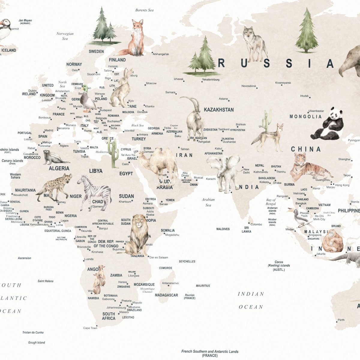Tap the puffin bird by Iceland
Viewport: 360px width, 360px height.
(x=4, y=31)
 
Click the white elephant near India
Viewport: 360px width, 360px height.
(x=223, y=171)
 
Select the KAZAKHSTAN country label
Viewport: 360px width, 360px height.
(x=219, y=110)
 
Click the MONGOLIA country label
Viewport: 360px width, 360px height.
(x=305, y=116)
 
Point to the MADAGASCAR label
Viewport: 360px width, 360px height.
(x=166, y=295)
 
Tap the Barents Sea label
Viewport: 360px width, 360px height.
(x=144, y=10)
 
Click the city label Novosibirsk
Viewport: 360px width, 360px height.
(x=249, y=86)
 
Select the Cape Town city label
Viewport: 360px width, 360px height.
(x=90, y=328)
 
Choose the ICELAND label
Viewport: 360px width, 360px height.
(x=9, y=50)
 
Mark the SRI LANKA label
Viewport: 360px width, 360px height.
(x=246, y=229)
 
